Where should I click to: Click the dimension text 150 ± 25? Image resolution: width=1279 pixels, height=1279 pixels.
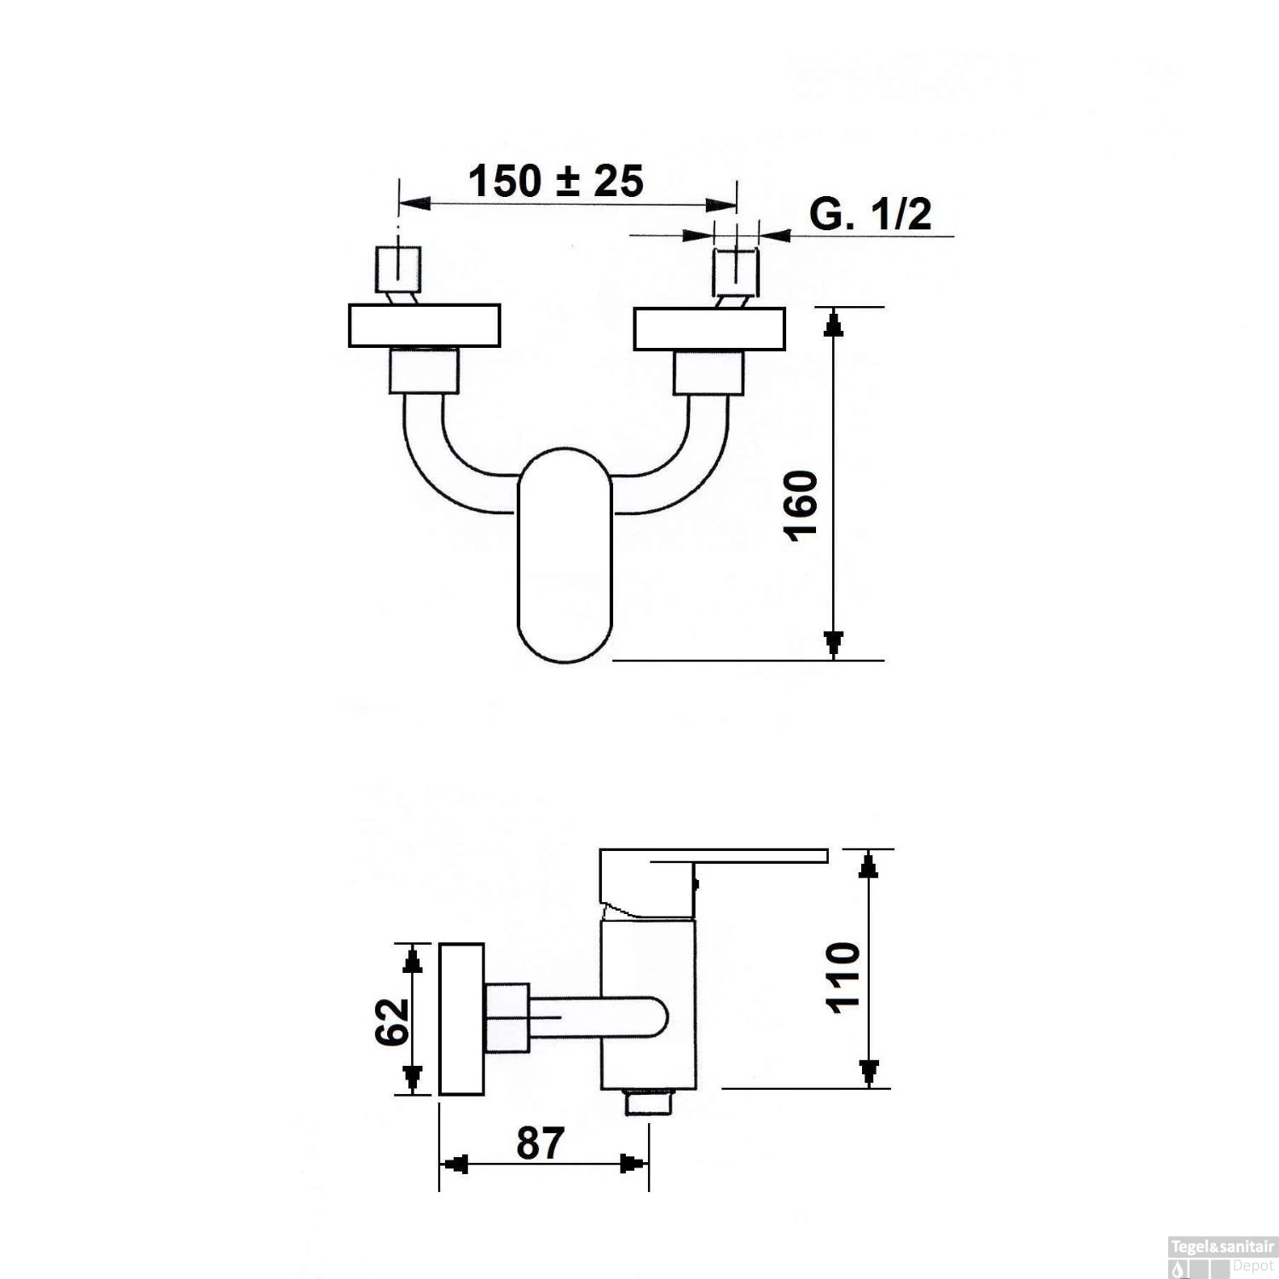click(556, 181)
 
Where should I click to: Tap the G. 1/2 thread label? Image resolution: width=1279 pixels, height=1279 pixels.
click(871, 214)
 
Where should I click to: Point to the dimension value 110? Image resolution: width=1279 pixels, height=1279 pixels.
click(844, 977)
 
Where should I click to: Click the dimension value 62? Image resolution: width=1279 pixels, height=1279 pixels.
click(392, 1021)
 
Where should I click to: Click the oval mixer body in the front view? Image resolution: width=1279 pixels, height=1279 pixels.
click(564, 554)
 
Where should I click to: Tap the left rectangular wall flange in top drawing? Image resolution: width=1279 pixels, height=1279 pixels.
click(424, 326)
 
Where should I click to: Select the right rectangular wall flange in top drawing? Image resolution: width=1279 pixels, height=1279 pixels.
click(709, 329)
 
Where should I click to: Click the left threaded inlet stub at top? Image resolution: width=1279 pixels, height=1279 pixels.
click(398, 269)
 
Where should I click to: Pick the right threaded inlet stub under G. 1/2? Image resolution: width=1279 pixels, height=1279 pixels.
click(735, 271)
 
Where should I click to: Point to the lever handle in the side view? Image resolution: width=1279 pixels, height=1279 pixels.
click(716, 856)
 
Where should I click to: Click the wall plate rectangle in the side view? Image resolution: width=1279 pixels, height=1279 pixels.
click(461, 1019)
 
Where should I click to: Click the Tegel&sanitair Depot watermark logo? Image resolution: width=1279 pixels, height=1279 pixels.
click(1222, 1258)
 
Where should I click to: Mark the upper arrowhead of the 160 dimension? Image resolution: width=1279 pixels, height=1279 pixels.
click(834, 324)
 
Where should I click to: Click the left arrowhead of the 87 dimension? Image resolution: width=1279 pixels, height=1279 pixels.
click(455, 1164)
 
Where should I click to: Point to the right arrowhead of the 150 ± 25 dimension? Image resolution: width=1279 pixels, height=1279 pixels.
click(725, 205)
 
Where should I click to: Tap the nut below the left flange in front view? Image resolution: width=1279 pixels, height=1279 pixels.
click(424, 372)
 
